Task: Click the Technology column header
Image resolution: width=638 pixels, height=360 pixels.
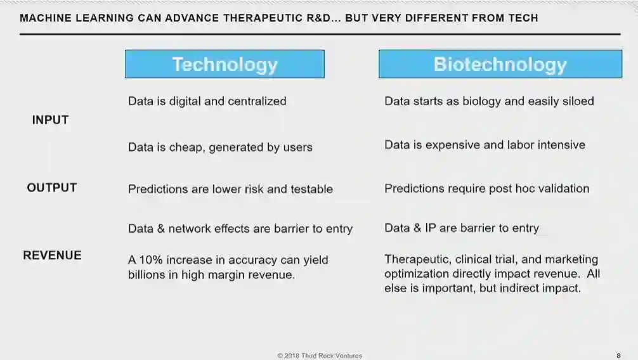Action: pos(225,64)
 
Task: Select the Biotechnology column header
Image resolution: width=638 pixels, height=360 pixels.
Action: pos(500,64)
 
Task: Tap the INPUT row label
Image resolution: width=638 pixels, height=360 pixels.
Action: pos(51,120)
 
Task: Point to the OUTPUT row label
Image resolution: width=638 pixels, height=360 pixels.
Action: pos(51,188)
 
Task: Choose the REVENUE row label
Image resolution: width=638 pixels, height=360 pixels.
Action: pos(52,255)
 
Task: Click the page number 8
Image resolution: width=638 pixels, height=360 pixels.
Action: pos(618,356)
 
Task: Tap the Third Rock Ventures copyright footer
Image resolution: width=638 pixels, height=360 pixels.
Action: pos(320,356)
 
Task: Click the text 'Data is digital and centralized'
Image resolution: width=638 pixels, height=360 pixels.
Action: pos(207,101)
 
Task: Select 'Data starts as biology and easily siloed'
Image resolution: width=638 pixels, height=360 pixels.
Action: pos(489,101)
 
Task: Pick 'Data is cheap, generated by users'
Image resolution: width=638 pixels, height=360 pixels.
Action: pos(220,147)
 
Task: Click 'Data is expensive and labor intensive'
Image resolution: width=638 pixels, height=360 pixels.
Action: pos(485,145)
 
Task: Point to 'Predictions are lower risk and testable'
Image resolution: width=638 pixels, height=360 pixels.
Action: pos(230,189)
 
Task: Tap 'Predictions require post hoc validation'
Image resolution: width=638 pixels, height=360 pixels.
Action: pos(486,188)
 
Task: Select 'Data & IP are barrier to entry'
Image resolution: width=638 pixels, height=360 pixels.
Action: pos(462,228)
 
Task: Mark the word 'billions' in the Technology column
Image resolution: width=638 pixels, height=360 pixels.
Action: pos(146,274)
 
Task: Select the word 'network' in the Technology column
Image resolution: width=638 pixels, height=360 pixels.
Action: pos(189,229)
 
